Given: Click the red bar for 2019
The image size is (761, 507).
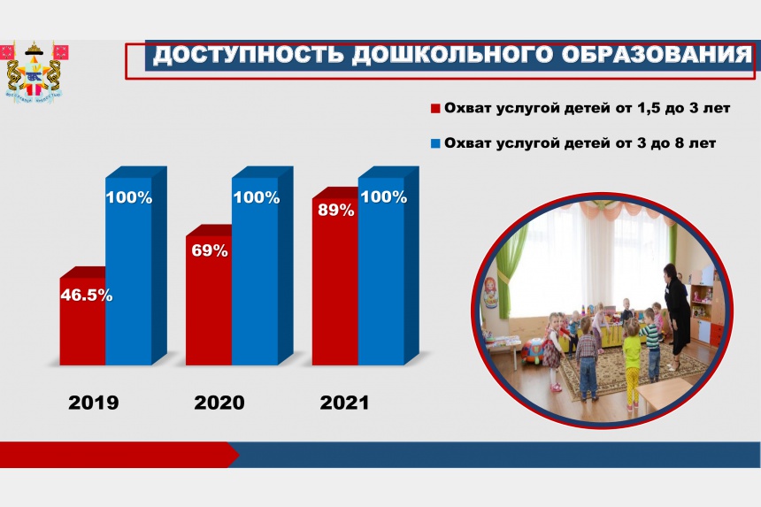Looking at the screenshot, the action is coord(82,321).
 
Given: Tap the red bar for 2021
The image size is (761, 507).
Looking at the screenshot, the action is coord(335,281).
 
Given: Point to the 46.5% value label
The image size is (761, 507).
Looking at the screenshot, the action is coord(87,295).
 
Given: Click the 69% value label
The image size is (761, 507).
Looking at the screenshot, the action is coord(210,250).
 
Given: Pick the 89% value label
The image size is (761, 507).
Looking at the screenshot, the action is coord(336,210).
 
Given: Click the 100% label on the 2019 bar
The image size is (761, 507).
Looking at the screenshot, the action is coord(129,197).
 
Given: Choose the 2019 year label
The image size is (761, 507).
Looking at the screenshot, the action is coord(93,403).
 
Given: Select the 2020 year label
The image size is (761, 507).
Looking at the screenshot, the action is coord(219,403).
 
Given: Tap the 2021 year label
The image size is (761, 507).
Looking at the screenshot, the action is coord(344,403).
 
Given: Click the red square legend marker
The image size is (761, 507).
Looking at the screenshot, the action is coord(435,108).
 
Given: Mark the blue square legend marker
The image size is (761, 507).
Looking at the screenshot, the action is coord(435,143).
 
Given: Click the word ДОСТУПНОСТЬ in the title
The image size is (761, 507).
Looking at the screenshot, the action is coord(249,55).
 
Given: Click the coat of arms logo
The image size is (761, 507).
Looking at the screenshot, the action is coord(34,72).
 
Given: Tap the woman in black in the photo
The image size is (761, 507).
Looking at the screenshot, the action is coord(676,315).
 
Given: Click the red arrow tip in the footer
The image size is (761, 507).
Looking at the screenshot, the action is coord(239,455).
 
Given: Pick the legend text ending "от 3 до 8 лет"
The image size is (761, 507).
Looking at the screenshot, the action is coord(580,143).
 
